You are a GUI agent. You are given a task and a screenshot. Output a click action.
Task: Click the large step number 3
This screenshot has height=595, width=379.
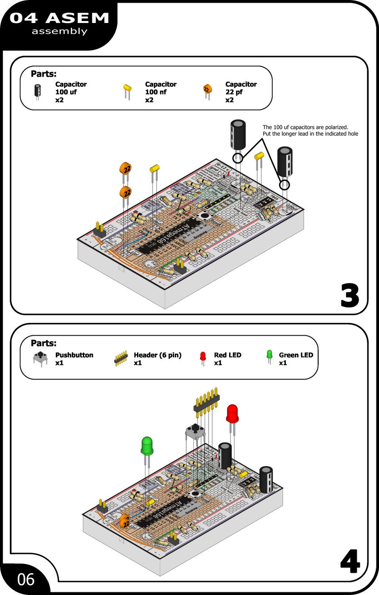[x=349, y=296]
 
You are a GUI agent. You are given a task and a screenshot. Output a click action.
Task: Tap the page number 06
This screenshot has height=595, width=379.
[x=26, y=580]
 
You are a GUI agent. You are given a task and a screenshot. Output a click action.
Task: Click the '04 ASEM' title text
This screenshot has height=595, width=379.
[x=59, y=18]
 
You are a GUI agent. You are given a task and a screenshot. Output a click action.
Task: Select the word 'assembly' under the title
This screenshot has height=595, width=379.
[x=59, y=31]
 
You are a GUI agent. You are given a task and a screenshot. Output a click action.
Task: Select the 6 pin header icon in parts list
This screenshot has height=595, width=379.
[x=121, y=358]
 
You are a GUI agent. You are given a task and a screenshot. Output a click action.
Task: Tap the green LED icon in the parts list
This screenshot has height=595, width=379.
[x=270, y=356]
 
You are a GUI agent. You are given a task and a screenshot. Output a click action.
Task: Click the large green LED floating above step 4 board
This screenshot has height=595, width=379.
[x=147, y=447]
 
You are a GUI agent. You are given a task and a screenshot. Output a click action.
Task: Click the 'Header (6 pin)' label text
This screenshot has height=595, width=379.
[x=157, y=355]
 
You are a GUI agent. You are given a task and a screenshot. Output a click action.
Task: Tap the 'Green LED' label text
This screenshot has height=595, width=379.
[x=296, y=355]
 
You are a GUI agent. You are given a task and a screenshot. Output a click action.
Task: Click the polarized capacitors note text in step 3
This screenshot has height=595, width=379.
[x=310, y=131]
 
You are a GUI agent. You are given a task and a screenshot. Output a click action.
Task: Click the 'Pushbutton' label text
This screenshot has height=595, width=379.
[x=74, y=355]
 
